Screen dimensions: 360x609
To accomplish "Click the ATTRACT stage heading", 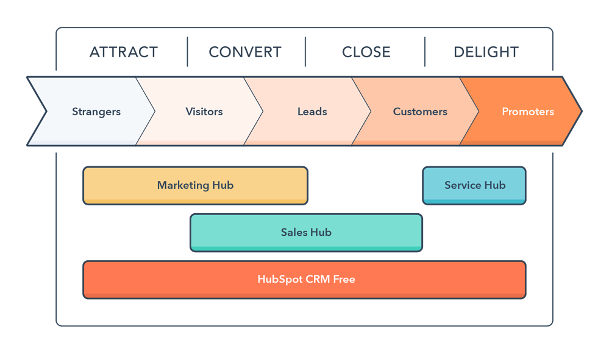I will (123, 52).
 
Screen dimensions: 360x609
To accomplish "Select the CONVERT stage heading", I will (245, 52).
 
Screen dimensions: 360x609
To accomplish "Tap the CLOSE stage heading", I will (366, 52).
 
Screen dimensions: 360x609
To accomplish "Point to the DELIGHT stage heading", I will (486, 52).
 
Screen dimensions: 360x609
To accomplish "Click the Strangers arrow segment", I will (96, 111).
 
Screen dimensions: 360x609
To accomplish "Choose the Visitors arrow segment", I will (204, 111).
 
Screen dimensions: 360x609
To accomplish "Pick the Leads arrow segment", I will (312, 111).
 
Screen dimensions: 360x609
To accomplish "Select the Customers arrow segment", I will (420, 111).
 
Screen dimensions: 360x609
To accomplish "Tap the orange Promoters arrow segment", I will (528, 111).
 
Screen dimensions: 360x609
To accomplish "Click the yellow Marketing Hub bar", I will (195, 185).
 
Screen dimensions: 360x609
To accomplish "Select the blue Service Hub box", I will (474, 185).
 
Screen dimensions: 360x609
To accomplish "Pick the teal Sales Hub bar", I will (306, 232).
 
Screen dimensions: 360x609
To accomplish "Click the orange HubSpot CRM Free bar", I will (304, 280).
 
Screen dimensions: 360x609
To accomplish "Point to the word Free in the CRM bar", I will (344, 280).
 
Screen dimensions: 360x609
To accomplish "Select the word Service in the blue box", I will (463, 185).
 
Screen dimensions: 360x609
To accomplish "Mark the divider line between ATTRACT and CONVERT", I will (187, 52).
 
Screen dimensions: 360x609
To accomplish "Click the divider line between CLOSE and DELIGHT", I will (425, 52).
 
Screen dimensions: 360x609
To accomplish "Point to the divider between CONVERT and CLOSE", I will (305, 52).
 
